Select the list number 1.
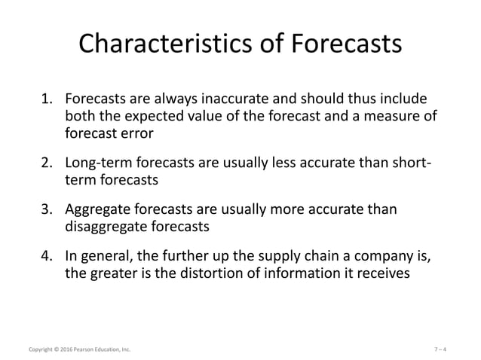(x=47, y=99)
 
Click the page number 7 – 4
(x=445, y=349)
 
